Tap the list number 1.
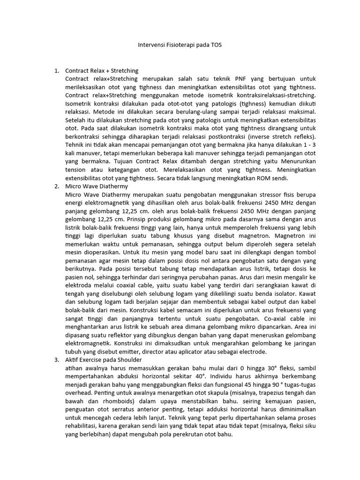coord(56,71)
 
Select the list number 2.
coord(56,186)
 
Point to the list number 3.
coord(56,360)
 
